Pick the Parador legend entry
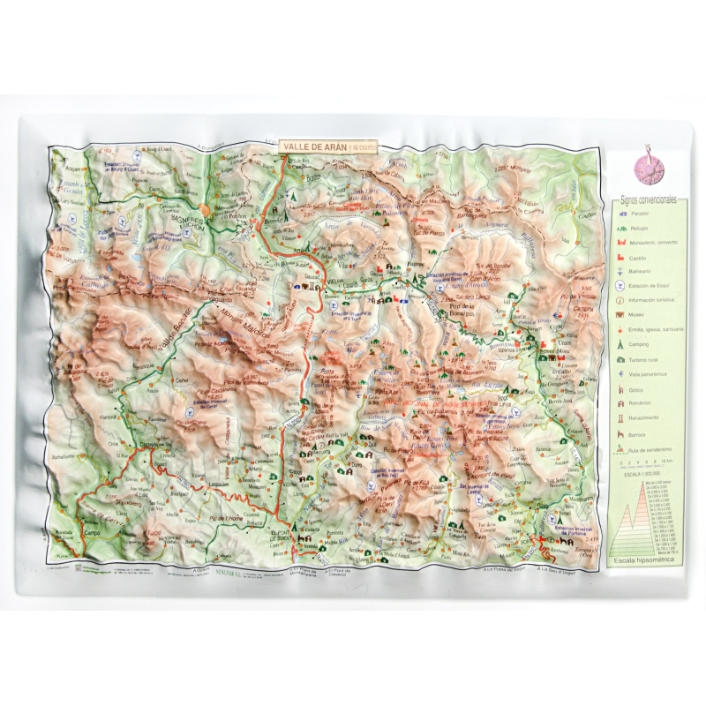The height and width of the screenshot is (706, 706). coord(649,214)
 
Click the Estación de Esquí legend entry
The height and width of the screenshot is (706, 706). coord(653,287)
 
